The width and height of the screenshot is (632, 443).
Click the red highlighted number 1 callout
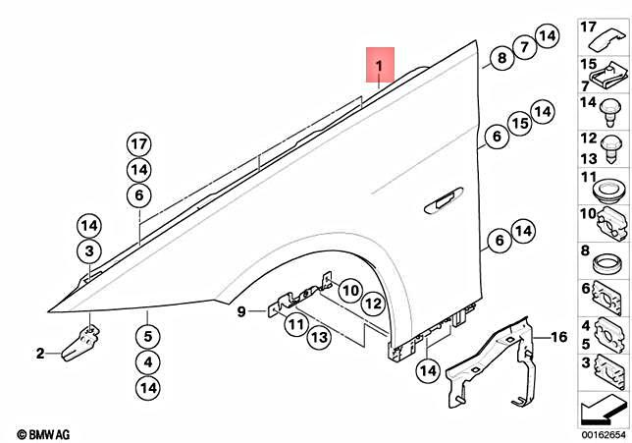pos(379,66)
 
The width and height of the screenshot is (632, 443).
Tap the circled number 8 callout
pos(501,58)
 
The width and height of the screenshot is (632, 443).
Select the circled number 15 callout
pos(520,124)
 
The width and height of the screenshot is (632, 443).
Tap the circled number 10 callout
pos(349,292)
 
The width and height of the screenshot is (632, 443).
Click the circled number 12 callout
pos(371,305)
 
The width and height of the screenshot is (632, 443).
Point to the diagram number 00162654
pos(600,433)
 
